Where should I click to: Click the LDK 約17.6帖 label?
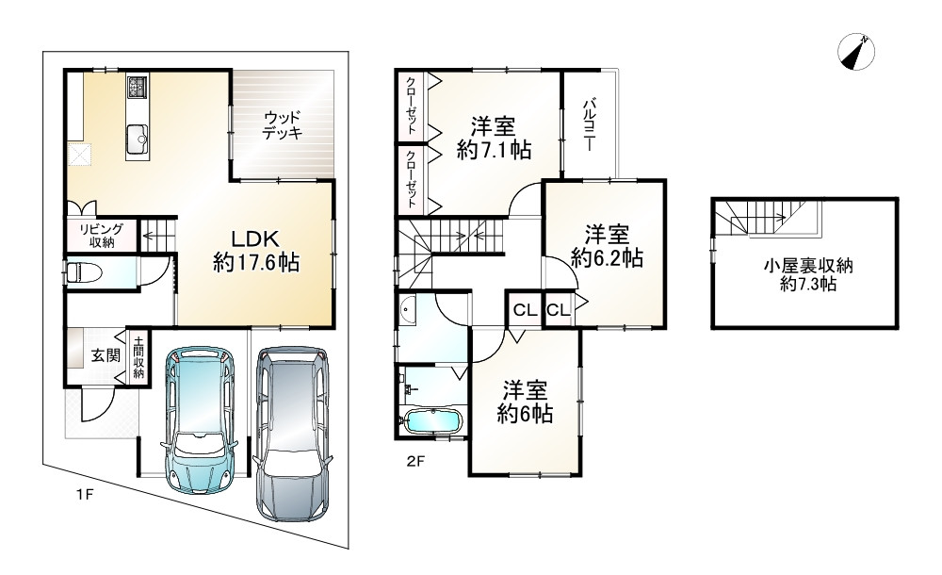256,251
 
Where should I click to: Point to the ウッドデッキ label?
282,125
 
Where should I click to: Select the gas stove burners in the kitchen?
137,88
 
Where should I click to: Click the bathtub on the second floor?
432,419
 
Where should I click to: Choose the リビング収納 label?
102,236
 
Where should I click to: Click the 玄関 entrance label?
106,355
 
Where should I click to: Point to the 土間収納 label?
138,356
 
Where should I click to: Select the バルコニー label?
588,125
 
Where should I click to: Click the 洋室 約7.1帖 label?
494,139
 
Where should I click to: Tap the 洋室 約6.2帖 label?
607,246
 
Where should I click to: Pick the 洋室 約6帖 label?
525,402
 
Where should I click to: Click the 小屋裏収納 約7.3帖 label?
808,275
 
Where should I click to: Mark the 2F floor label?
415,461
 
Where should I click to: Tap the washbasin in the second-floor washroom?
408,310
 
